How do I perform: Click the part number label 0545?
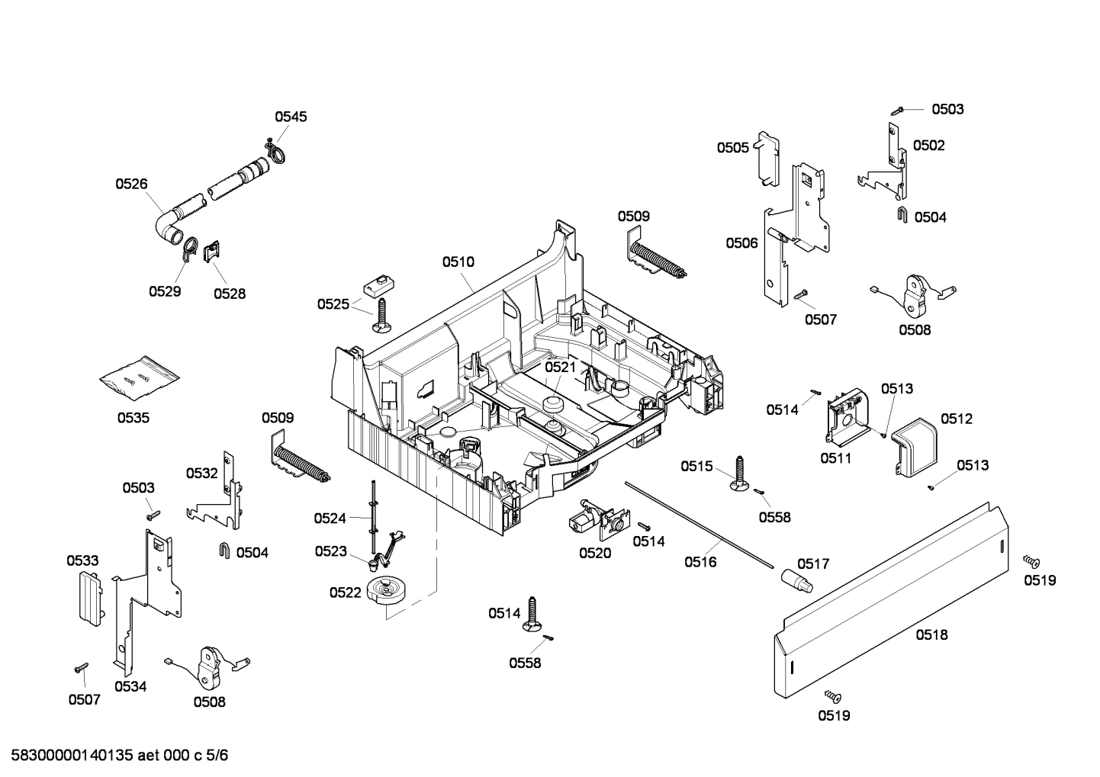291,117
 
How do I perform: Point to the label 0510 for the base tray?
458,262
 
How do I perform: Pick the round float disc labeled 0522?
388,591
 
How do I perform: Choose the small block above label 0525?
377,286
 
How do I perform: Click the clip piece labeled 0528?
213,251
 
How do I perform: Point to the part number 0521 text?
560,368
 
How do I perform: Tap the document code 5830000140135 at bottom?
114,756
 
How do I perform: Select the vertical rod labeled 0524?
374,515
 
